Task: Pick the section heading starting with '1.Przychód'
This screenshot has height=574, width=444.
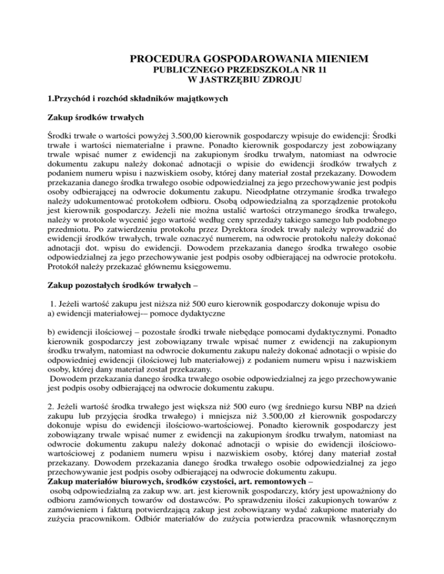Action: coord(127,99)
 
